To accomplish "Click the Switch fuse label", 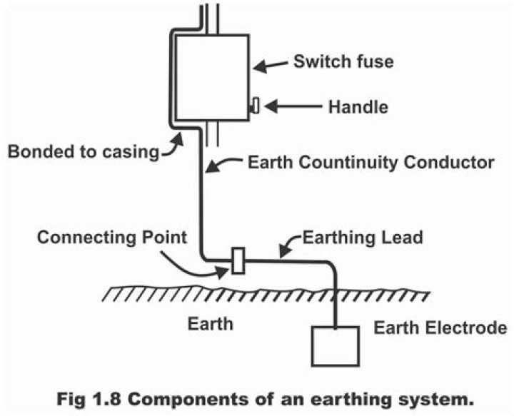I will click(x=343, y=61).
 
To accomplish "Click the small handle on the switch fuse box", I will click(x=254, y=106).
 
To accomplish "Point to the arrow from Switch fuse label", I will click(x=271, y=66).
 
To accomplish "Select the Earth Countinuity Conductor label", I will click(x=370, y=163).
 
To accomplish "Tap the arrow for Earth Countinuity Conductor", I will click(x=222, y=166).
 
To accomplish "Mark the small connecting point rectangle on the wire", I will click(x=238, y=260).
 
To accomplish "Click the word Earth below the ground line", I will click(x=210, y=323).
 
